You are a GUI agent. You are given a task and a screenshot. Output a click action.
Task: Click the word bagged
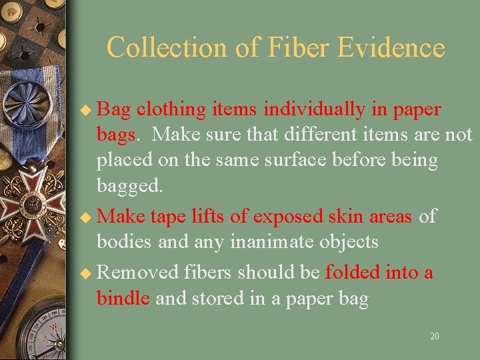coord(129,185)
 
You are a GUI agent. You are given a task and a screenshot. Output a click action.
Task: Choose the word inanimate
coord(273,241)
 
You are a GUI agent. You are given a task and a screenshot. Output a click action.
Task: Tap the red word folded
coord(358,272)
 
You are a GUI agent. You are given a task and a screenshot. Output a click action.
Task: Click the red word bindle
coord(123,298)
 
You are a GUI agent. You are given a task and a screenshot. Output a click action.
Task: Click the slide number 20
coord(435,337)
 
